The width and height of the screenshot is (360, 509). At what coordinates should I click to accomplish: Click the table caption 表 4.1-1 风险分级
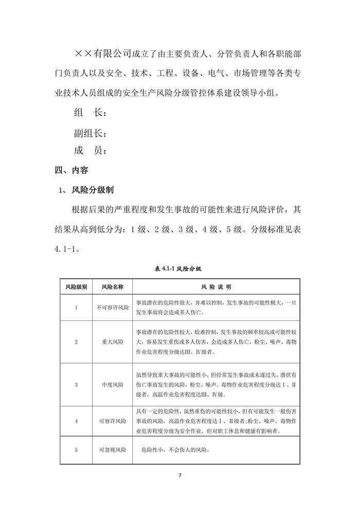(180, 268)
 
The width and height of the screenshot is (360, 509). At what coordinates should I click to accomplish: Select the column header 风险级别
(76, 286)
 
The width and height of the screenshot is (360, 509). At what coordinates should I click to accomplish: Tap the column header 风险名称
(113, 286)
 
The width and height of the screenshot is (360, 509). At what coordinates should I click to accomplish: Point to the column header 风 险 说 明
(216, 286)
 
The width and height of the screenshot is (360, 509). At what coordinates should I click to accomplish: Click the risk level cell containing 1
(76, 307)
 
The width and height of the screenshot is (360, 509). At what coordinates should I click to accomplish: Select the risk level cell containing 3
(76, 384)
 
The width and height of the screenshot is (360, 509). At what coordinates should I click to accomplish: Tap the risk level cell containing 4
(76, 421)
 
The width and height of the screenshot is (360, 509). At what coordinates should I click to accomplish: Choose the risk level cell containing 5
(76, 450)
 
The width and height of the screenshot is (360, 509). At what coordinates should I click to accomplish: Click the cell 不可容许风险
(113, 307)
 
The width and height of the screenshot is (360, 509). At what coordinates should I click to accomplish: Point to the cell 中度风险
(113, 384)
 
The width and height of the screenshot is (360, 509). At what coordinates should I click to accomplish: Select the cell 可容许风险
(113, 421)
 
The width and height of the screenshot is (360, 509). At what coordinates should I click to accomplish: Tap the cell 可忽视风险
(113, 450)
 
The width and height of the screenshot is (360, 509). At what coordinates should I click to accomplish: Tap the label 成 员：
(91, 151)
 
